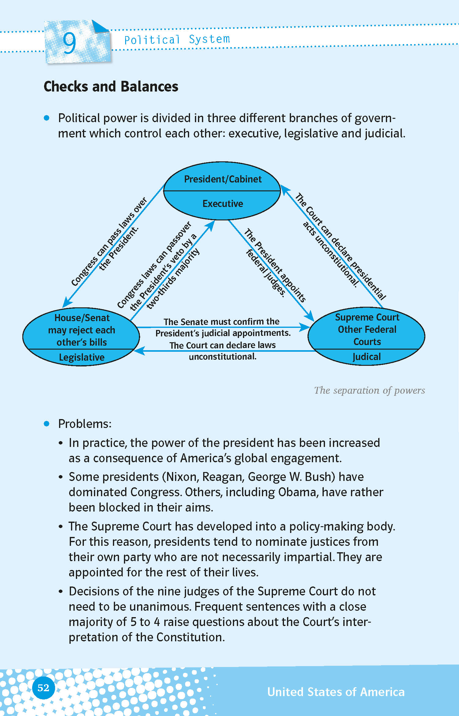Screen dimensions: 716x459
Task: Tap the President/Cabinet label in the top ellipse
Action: pyautogui.click(x=223, y=179)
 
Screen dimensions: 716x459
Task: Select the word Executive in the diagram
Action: pyautogui.click(x=223, y=204)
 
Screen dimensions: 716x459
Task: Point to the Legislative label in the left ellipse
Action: pyautogui.click(x=82, y=357)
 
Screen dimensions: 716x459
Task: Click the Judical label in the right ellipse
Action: pyautogui.click(x=367, y=357)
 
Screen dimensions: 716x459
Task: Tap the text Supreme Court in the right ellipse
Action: pyautogui.click(x=367, y=317)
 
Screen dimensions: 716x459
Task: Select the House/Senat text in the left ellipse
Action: pyautogui.click(x=82, y=318)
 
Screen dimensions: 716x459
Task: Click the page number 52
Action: pyautogui.click(x=43, y=688)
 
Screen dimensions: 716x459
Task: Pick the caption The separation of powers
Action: pyautogui.click(x=369, y=390)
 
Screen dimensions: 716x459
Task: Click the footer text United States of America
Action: pyautogui.click(x=336, y=692)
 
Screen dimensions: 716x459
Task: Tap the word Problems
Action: pyautogui.click(x=85, y=424)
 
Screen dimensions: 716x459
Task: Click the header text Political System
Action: pyautogui.click(x=177, y=39)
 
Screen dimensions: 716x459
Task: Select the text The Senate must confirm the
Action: pyautogui.click(x=221, y=322)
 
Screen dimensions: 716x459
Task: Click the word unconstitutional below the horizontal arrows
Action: pyautogui.click(x=222, y=357)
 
